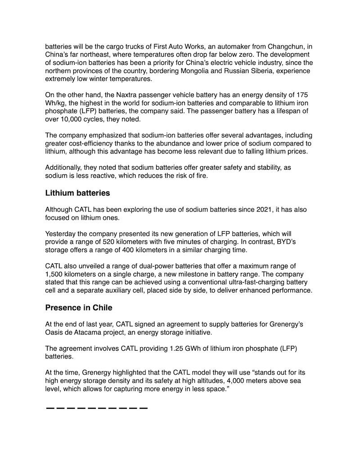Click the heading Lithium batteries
coord(78,194)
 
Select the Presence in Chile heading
coord(79,308)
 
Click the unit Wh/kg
coord(55,104)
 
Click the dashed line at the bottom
coord(97,408)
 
